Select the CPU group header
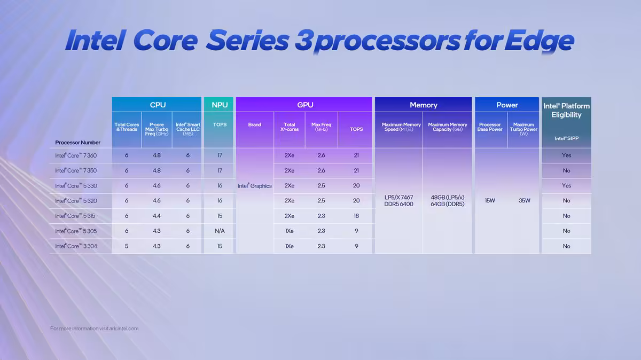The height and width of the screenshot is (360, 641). click(158, 105)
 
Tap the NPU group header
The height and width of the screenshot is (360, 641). click(219, 105)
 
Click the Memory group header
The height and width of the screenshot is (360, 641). click(423, 105)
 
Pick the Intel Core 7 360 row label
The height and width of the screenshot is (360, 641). click(75, 155)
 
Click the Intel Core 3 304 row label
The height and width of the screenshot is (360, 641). click(75, 246)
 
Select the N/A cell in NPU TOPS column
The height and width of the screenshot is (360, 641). click(219, 231)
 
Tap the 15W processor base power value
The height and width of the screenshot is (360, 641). click(490, 201)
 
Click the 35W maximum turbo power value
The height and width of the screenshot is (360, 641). click(524, 201)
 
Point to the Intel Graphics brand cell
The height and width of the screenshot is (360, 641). click(255, 186)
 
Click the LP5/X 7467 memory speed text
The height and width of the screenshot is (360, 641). click(398, 198)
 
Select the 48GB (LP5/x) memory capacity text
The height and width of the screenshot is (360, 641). click(447, 198)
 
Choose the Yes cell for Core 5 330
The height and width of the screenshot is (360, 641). click(566, 186)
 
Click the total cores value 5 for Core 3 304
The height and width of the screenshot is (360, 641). click(127, 246)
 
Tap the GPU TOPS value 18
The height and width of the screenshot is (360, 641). click(356, 216)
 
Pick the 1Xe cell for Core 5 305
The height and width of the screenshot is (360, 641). click(289, 231)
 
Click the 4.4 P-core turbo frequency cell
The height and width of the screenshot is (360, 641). click(157, 216)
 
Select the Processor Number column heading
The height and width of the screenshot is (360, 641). click(77, 143)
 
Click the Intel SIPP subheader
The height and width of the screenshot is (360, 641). click(566, 138)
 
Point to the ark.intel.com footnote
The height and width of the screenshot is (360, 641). click(94, 328)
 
